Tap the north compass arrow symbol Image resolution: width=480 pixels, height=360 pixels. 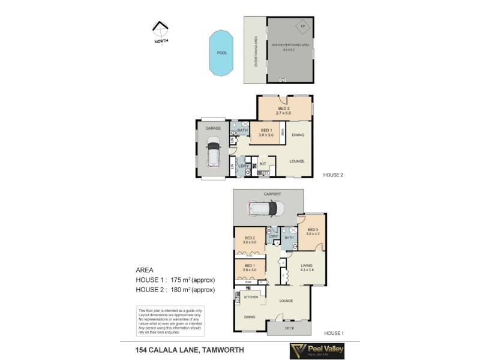pyautogui.click(x=160, y=28)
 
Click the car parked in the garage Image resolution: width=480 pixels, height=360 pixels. pyautogui.click(x=214, y=152)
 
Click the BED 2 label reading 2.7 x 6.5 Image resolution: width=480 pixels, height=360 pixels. pyautogui.click(x=283, y=110)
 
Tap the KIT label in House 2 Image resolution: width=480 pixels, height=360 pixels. pyautogui.click(x=263, y=163)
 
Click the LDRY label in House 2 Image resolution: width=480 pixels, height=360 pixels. pyautogui.click(x=244, y=166)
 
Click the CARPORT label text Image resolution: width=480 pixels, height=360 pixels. pyautogui.click(x=272, y=194)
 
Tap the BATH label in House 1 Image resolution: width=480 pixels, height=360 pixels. pyautogui.click(x=289, y=238)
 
